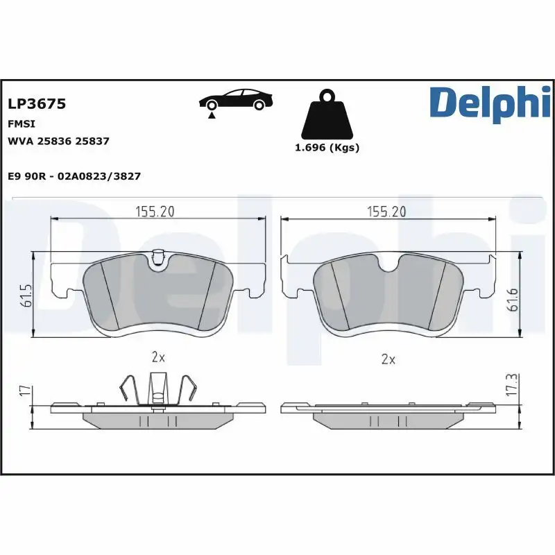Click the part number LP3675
click(x=36, y=104)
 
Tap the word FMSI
click(x=21, y=123)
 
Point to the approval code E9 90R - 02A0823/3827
click(x=74, y=176)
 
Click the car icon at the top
click(x=234, y=100)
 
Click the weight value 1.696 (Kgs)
click(x=327, y=147)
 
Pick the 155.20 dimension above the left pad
click(x=154, y=212)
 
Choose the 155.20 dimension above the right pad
click(x=386, y=212)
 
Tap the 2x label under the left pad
click(x=158, y=358)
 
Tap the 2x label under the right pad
click(x=388, y=359)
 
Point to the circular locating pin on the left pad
click(x=158, y=260)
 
